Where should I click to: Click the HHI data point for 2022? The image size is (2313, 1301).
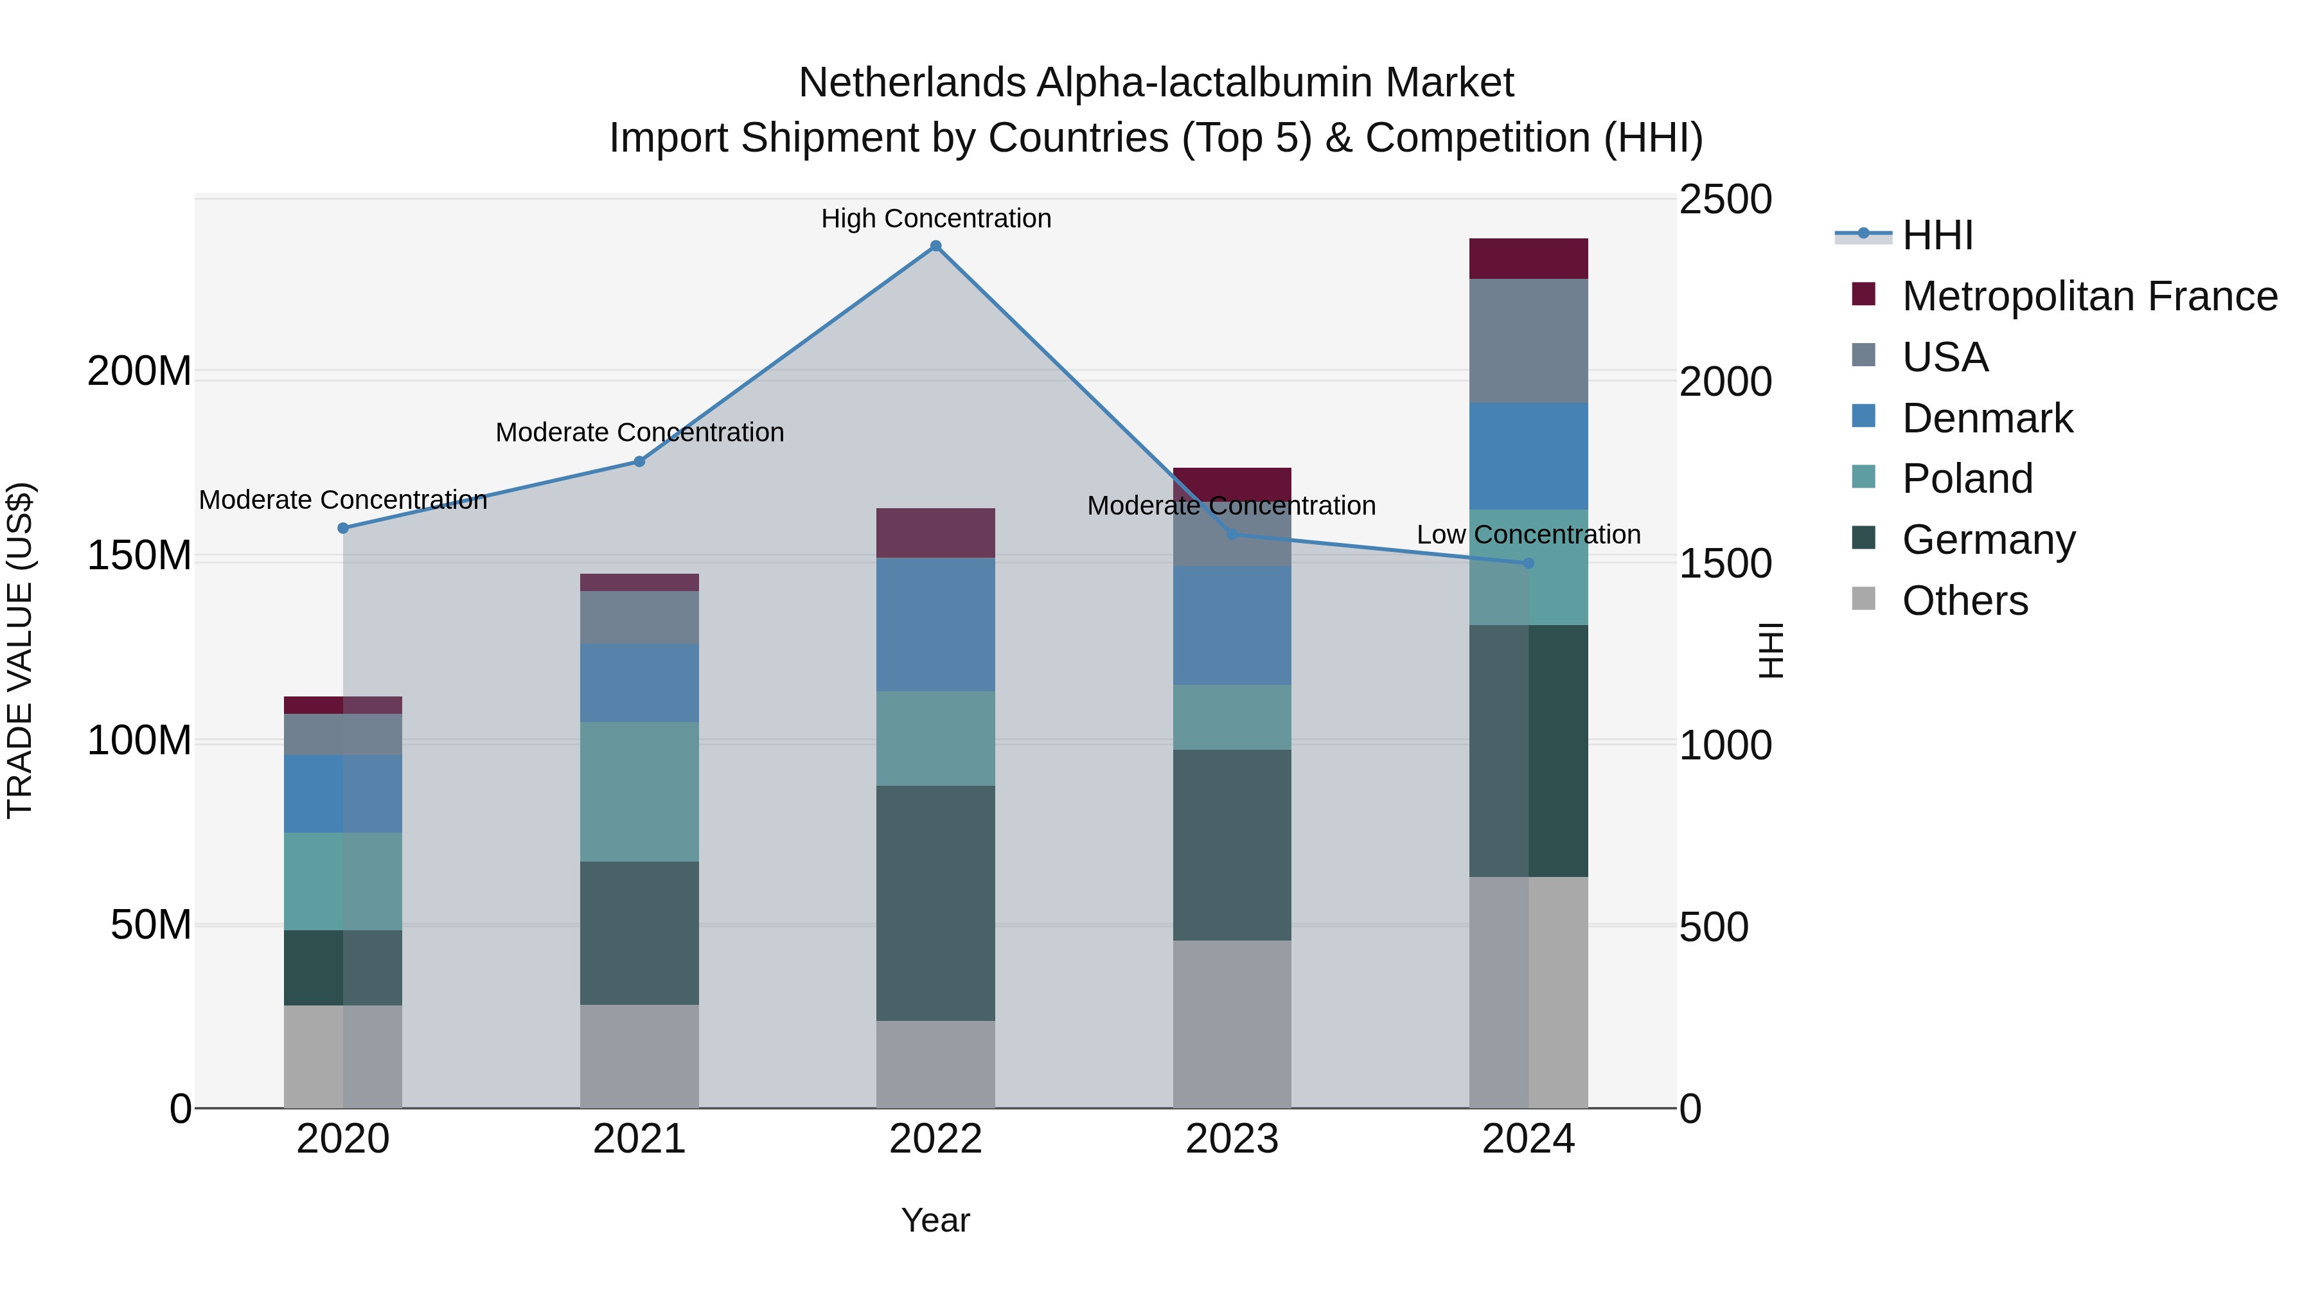935,246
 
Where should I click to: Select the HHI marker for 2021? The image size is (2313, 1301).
639,461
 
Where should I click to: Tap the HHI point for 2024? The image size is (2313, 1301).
1529,563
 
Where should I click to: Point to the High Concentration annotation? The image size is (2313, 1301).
935,218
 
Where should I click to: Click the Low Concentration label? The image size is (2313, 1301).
1529,535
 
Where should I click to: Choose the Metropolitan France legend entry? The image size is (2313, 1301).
2089,296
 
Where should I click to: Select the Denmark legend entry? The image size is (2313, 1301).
1987,418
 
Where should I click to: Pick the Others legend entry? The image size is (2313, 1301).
1965,601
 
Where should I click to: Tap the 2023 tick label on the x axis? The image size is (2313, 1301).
1232,1139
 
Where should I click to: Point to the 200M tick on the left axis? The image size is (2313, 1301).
139,371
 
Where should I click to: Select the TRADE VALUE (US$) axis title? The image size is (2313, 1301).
20,650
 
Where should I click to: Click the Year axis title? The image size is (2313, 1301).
935,1220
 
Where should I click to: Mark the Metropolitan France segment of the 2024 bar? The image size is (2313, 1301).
1529,258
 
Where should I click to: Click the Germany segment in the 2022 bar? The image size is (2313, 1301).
935,903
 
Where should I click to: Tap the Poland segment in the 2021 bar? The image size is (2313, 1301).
639,792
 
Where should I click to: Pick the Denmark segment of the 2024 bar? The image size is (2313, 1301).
1529,456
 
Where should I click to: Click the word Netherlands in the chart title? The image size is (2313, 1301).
911,83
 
